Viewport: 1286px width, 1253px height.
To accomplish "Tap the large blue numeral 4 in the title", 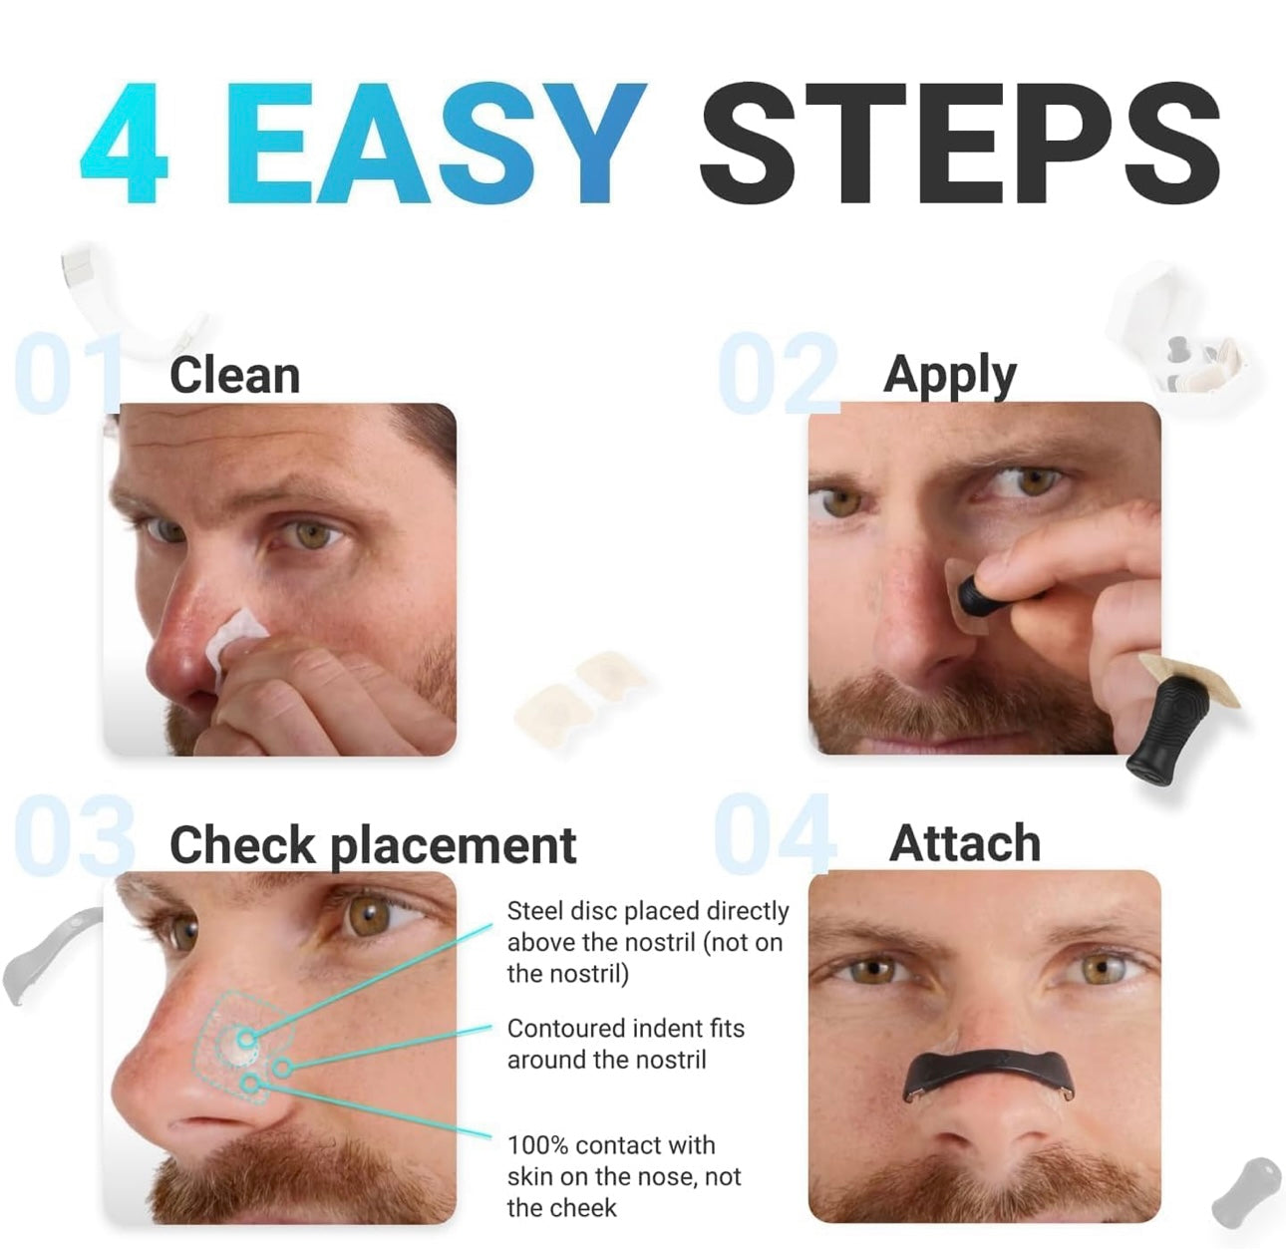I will click(124, 145).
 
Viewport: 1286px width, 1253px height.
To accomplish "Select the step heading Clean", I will click(234, 376).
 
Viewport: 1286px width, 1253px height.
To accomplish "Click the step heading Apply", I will click(949, 376).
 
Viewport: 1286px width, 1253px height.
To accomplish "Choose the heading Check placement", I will click(372, 845).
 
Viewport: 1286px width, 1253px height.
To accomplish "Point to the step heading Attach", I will click(964, 843).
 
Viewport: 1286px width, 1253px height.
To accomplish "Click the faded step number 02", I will click(778, 375).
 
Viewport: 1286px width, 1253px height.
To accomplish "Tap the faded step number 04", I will click(775, 834).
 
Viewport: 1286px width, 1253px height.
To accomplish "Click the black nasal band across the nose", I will click(988, 1073).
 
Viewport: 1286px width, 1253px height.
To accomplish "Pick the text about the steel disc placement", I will click(647, 942).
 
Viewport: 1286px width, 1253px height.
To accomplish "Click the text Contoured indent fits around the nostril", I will click(625, 1044).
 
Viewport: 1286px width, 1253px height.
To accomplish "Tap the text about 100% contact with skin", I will click(623, 1176).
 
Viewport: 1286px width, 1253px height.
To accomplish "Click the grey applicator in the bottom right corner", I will click(1246, 1190).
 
